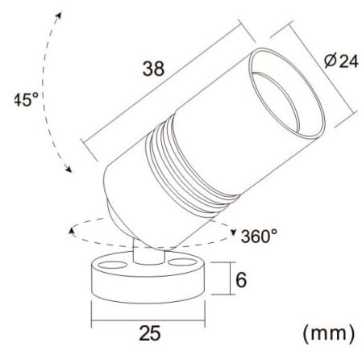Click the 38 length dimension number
pos(153,69)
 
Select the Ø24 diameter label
pos(341,61)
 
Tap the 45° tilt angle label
pos(26,99)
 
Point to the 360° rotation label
pos(259,236)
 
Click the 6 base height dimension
pos(241,279)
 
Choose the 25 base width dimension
pos(150,333)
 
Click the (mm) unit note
pos(328,333)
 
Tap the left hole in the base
pos(112,265)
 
